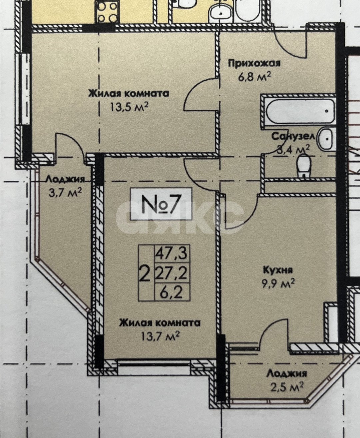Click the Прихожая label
click(x=254, y=64)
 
